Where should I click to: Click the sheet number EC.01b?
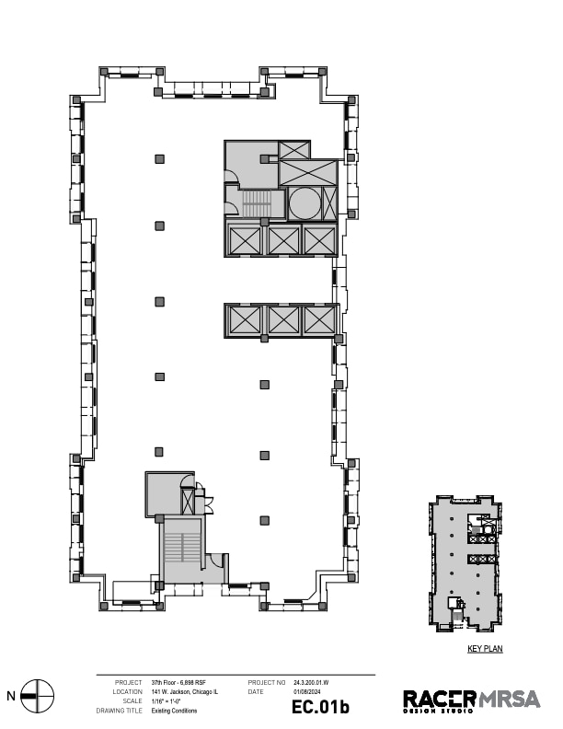coord(321,707)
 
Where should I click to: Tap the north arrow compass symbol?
coord(38,696)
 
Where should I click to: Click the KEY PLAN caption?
coord(485,649)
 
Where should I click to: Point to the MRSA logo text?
coord(509,700)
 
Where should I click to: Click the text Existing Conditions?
coord(174,711)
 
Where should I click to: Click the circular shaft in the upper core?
coord(304,202)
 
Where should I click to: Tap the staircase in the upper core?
coord(256,202)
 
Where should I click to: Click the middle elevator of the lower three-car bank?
coord(282,320)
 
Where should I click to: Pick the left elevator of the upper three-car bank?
coord(247,240)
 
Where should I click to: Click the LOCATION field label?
coord(127,691)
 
